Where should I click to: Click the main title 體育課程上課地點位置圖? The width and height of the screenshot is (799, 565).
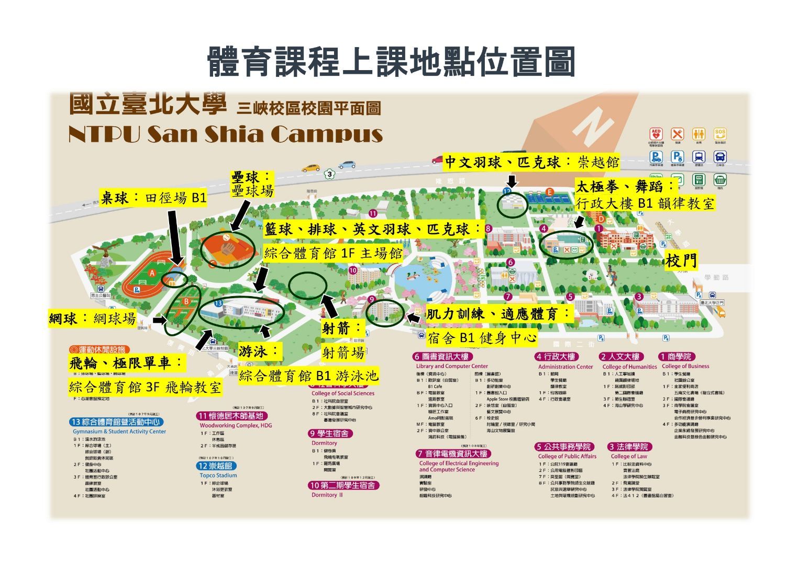[x=391, y=62]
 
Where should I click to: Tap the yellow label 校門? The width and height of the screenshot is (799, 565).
[x=681, y=260]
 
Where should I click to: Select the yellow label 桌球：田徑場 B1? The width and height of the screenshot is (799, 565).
[x=153, y=198]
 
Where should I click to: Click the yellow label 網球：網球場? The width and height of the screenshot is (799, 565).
[x=92, y=318]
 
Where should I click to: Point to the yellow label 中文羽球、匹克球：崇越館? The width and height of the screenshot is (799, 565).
[x=531, y=163]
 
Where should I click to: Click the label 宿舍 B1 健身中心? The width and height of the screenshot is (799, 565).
[x=482, y=338]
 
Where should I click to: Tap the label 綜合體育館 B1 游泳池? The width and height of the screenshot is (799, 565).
[x=308, y=376]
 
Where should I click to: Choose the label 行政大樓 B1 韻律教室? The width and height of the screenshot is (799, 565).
[x=645, y=203]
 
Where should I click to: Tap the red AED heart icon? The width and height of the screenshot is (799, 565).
[x=656, y=134]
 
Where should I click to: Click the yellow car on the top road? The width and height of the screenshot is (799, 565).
[x=310, y=168]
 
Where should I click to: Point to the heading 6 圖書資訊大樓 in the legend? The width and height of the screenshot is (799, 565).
[x=442, y=357]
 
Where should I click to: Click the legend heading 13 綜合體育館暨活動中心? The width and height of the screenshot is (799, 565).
[x=116, y=422]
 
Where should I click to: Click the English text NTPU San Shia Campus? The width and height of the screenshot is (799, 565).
[x=226, y=134]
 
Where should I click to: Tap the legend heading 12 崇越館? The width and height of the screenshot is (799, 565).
[x=216, y=466]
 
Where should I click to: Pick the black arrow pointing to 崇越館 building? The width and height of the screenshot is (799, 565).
[x=512, y=180]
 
